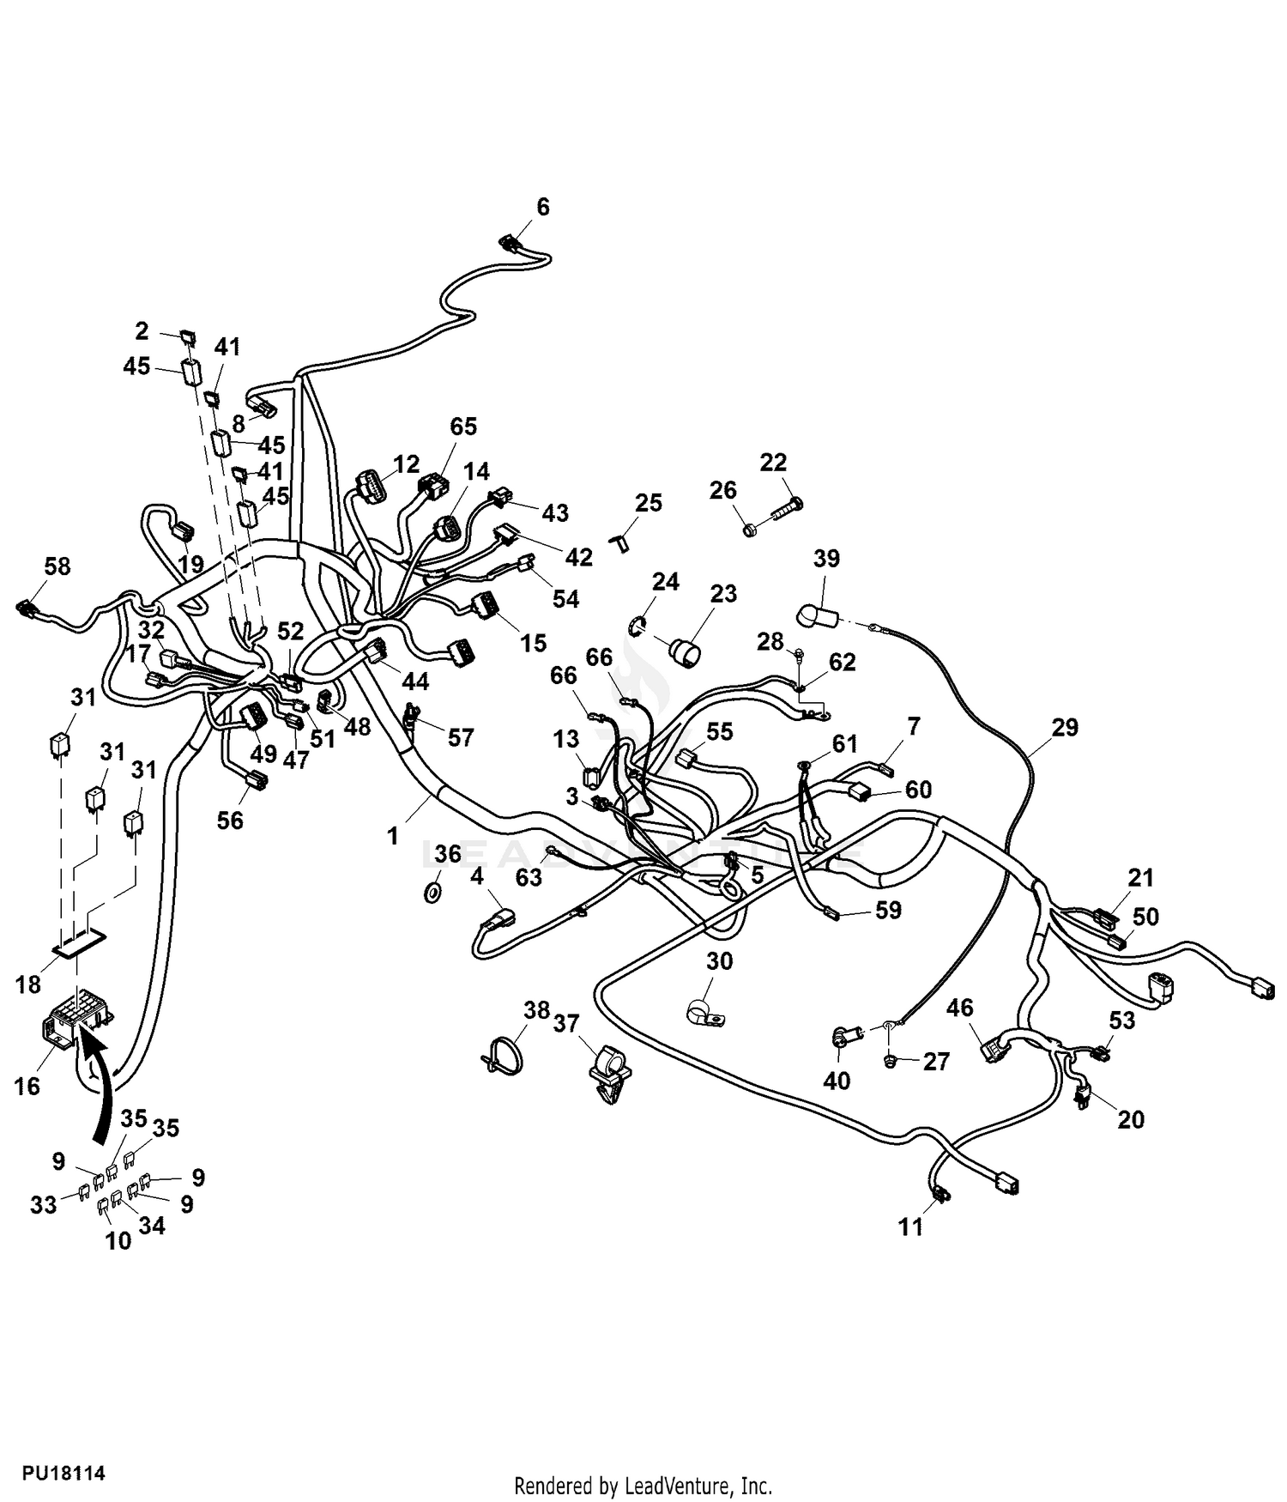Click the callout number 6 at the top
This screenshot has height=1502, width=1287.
pos(542,207)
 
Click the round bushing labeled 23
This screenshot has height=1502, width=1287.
pos(685,651)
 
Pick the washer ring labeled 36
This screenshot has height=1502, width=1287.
pos(433,893)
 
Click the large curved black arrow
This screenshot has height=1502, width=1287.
pos(101,1088)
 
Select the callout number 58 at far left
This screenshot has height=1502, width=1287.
pos(57,566)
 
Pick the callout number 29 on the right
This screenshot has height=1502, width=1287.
pos(1065,728)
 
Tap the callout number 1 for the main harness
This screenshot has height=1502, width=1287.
pos(393,836)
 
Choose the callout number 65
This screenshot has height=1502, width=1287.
pos(463,427)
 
